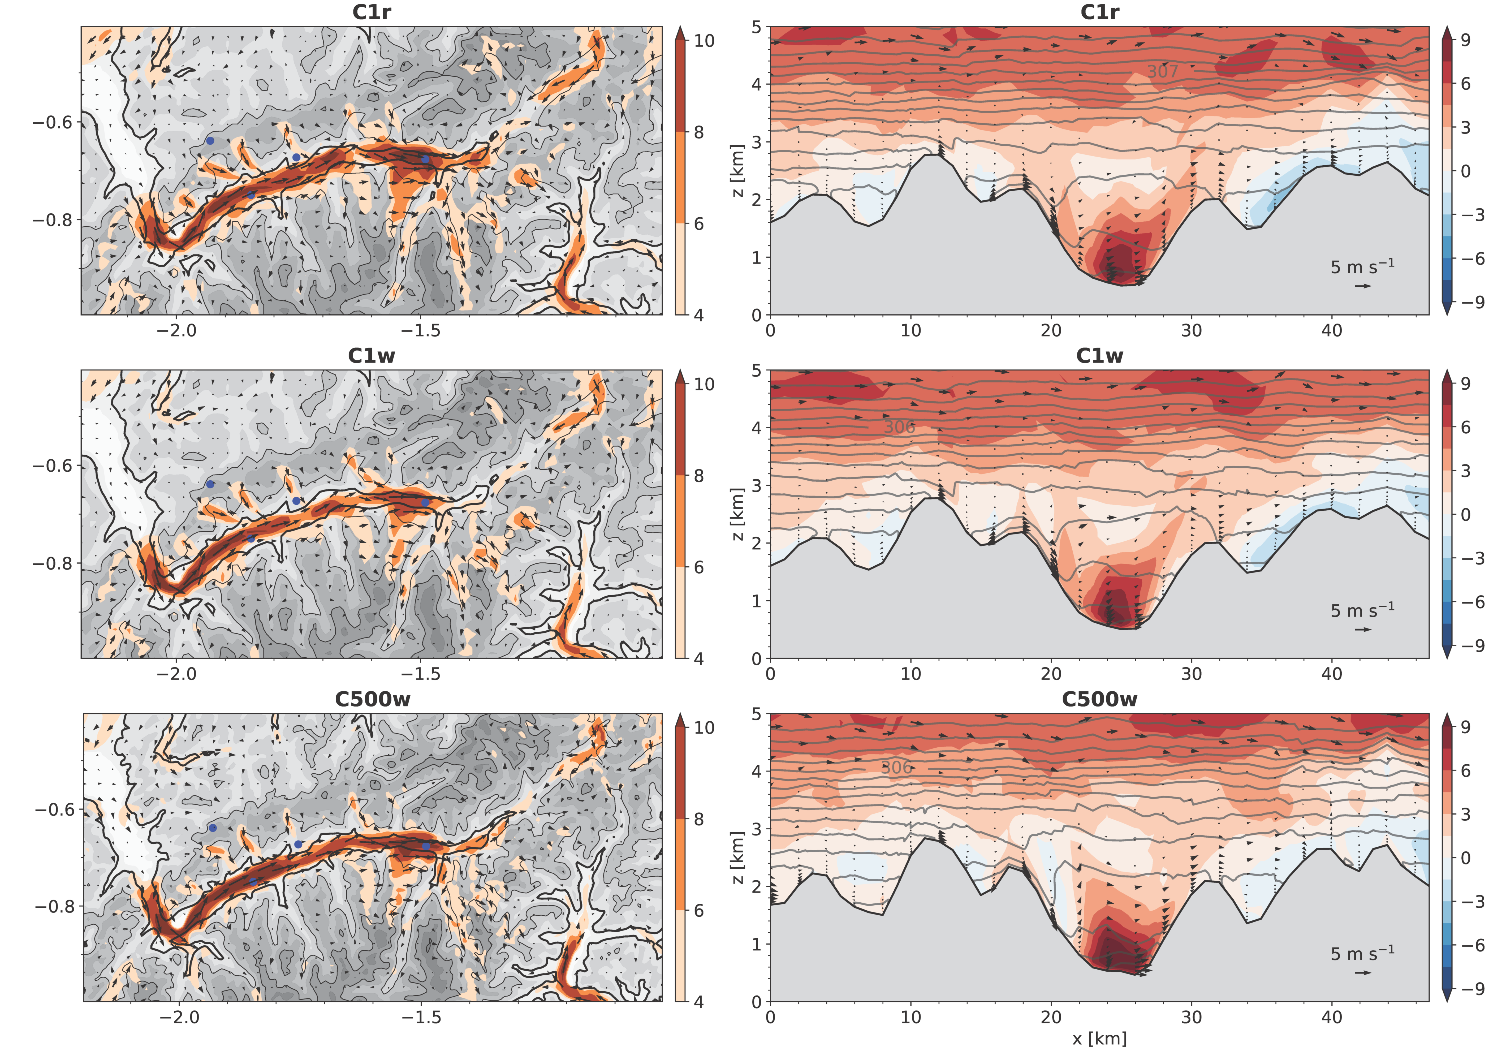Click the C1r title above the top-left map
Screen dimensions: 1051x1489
pyautogui.click(x=372, y=12)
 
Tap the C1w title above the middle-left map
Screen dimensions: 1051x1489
pyautogui.click(x=372, y=356)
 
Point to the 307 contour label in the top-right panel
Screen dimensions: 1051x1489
pyautogui.click(x=1162, y=71)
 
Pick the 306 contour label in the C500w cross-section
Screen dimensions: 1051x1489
pyautogui.click(x=897, y=768)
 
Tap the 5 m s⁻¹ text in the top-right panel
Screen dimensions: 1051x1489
pyautogui.click(x=1362, y=267)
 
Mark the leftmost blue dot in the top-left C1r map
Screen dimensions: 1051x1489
pyautogui.click(x=210, y=141)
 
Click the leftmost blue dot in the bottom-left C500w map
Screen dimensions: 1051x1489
pyautogui.click(x=213, y=828)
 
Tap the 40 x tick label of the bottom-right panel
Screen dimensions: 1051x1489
pyautogui.click(x=1331, y=1017)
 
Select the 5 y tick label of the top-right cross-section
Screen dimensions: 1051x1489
pyautogui.click(x=756, y=27)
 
